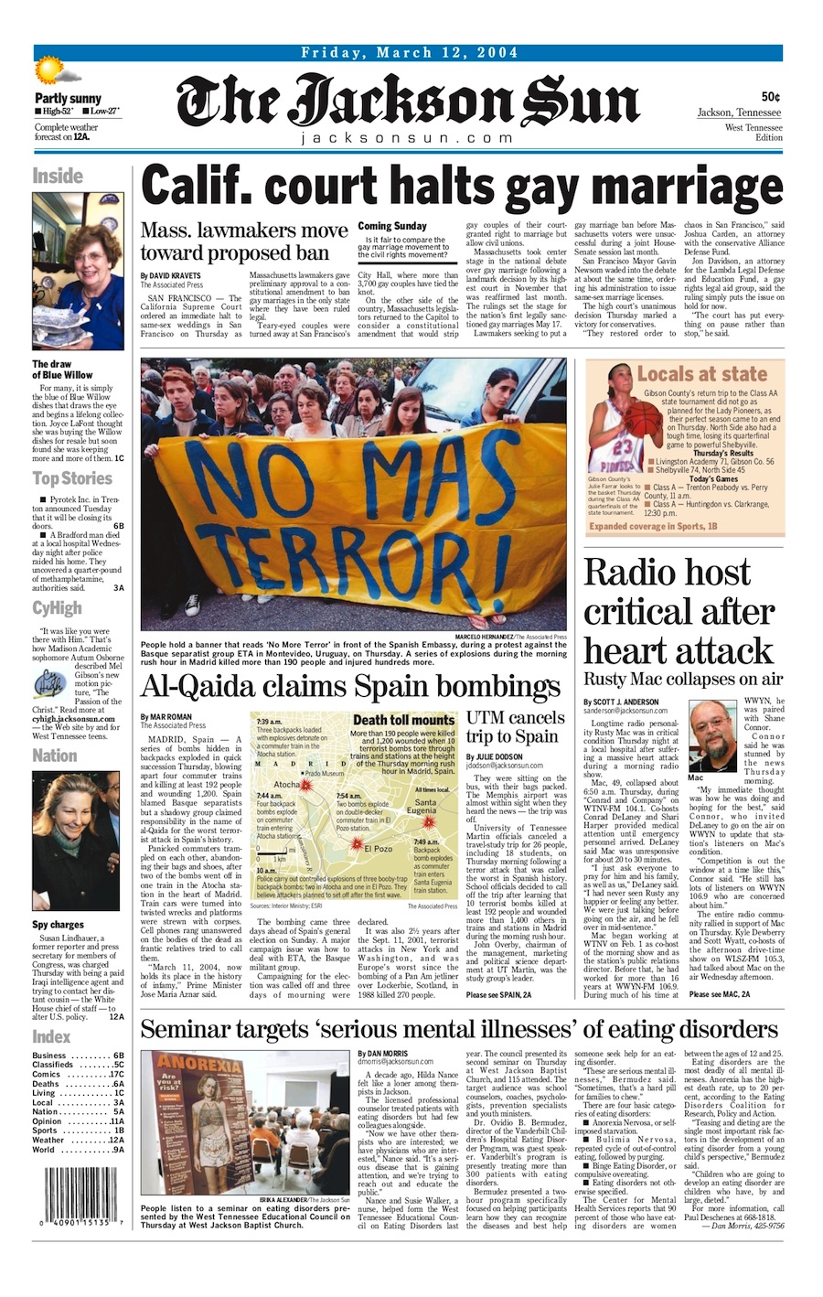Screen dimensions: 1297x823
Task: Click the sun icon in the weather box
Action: tap(47, 70)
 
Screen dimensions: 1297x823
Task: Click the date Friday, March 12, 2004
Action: tap(409, 52)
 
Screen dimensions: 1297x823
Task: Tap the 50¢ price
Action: tap(770, 97)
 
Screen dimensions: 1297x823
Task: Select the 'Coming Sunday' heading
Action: tap(392, 226)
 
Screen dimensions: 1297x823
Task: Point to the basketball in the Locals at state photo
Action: tap(619, 420)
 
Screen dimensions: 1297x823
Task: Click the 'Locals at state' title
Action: tap(701, 373)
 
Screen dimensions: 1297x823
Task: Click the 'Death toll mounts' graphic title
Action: tap(403, 720)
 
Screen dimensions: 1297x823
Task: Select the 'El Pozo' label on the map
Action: tap(378, 849)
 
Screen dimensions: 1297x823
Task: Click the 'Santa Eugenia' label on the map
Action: tap(421, 807)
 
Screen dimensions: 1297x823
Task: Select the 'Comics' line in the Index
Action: tap(78, 1075)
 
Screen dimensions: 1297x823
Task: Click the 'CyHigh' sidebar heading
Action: tap(57, 609)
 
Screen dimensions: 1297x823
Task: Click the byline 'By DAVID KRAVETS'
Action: tap(171, 275)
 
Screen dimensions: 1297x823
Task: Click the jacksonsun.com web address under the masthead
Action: tap(407, 138)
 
